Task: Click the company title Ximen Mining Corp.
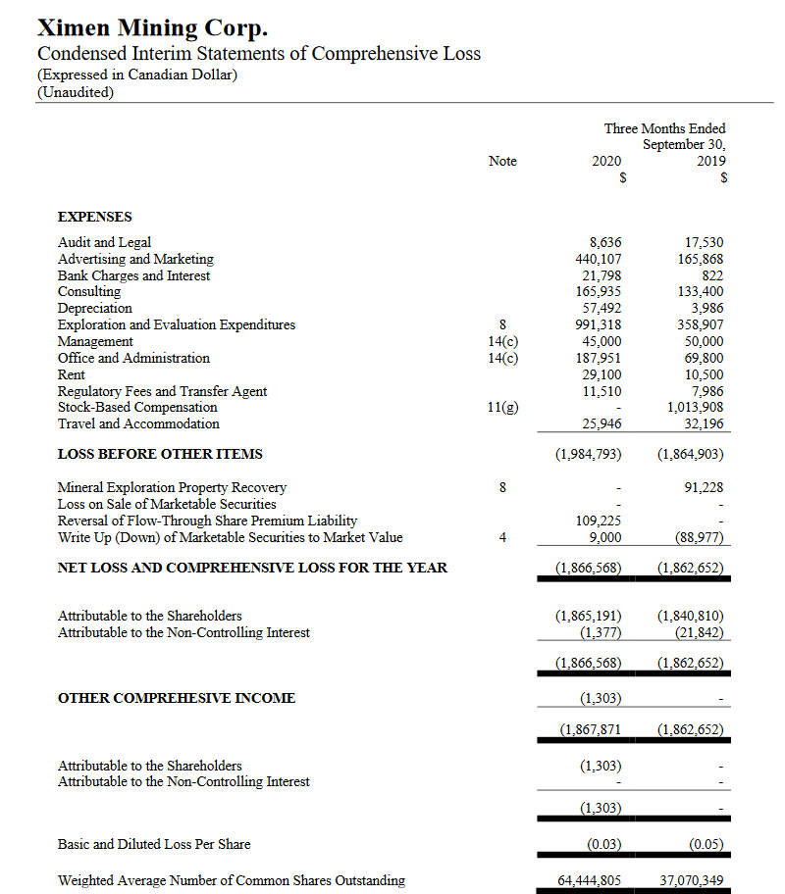(x=152, y=26)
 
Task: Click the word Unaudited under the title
(x=75, y=92)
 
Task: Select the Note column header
(x=502, y=161)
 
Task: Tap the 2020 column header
(x=606, y=161)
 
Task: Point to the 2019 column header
(x=711, y=161)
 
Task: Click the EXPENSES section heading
(x=95, y=217)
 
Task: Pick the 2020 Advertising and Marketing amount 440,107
(x=598, y=259)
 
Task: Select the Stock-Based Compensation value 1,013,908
(x=695, y=407)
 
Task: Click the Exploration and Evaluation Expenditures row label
(x=177, y=324)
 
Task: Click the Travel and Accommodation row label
(x=138, y=423)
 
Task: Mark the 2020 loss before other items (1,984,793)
(x=588, y=454)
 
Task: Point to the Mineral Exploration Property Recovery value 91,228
(x=703, y=487)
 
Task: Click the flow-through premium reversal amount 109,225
(x=598, y=521)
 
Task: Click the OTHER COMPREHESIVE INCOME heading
(x=177, y=698)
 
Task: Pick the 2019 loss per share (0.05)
(x=705, y=844)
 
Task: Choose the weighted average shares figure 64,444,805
(x=589, y=880)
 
